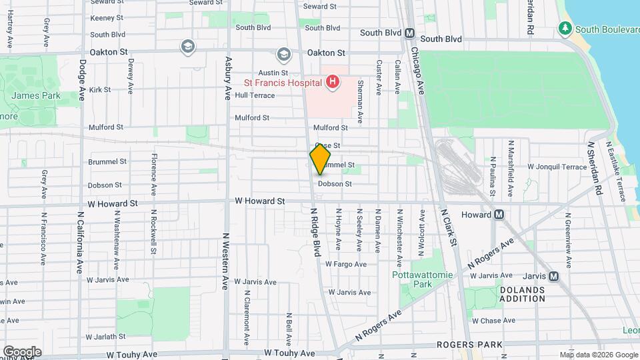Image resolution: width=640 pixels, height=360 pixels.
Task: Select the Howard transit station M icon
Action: [499, 215]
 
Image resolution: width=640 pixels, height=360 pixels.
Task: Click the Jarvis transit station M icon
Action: [553, 277]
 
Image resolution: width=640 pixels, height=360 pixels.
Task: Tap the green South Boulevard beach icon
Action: [565, 29]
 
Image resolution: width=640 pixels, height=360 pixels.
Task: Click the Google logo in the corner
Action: [22, 352]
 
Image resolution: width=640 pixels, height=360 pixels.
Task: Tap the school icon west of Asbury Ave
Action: [187, 46]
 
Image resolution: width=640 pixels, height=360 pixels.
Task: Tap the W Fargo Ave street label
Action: [346, 264]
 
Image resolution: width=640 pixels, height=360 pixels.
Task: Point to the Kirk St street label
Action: [99, 89]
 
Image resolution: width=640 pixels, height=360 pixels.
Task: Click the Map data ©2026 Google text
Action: [597, 354]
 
